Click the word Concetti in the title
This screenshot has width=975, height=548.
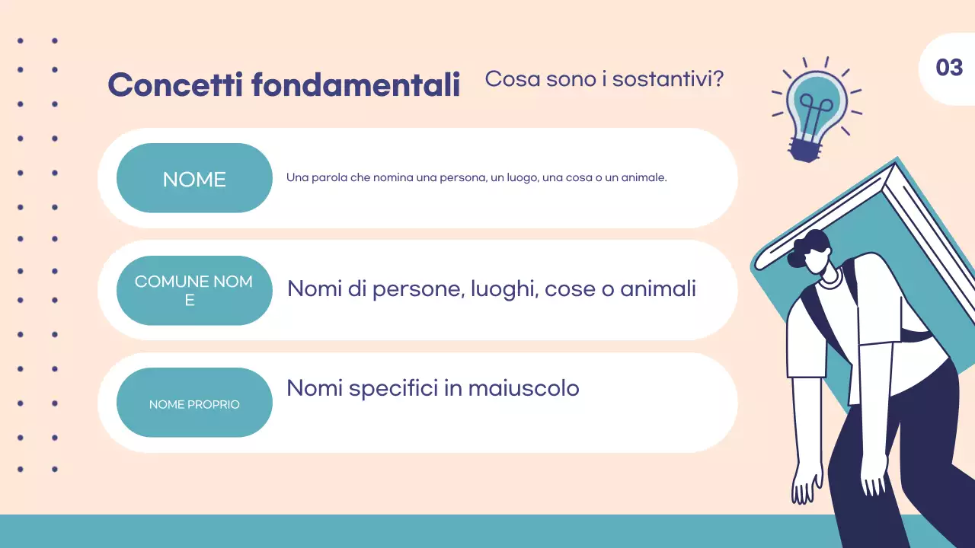(x=175, y=84)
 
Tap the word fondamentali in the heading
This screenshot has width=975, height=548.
(x=356, y=84)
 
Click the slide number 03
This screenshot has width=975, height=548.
(x=949, y=68)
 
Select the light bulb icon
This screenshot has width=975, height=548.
(x=816, y=107)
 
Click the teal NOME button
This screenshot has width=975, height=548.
(x=194, y=179)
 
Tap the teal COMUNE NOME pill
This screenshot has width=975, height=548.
(x=194, y=291)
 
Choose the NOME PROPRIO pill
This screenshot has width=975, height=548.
(x=194, y=403)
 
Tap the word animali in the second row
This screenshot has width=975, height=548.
(x=658, y=289)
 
